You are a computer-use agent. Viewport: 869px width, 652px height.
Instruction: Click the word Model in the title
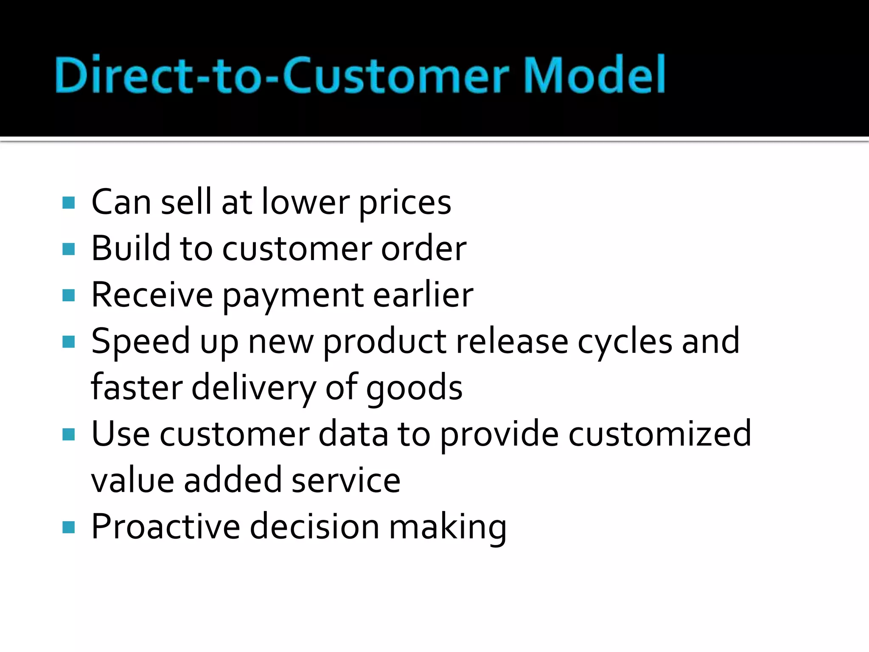594,75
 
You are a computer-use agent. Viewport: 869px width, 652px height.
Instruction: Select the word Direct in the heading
123,75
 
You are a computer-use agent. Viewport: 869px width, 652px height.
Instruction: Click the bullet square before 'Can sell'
68,202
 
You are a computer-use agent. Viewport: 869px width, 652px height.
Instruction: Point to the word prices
405,203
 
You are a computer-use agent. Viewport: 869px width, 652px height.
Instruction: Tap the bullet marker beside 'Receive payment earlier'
68,295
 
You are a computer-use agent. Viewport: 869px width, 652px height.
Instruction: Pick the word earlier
423,295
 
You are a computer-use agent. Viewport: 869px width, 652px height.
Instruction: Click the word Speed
140,342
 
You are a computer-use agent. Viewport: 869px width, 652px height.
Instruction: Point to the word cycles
625,342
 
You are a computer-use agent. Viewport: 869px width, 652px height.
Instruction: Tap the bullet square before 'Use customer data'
68,434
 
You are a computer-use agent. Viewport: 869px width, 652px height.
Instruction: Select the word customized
659,434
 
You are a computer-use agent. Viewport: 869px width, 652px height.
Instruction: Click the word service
346,480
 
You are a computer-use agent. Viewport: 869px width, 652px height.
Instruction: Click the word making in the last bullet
448,528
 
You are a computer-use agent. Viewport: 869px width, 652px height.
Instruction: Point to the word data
353,434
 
